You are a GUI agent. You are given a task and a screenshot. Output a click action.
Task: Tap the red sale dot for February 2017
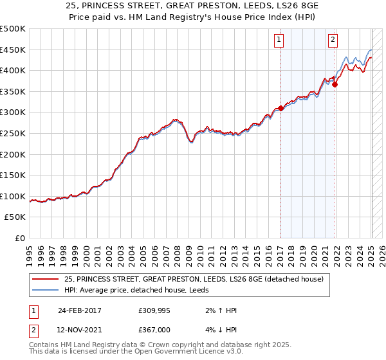280,109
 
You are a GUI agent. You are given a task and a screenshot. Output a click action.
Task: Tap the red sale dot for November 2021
335,84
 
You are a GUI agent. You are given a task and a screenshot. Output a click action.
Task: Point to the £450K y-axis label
13,50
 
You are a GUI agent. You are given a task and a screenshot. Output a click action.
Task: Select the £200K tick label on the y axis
13,154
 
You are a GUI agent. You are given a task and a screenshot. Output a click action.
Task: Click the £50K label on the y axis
15,217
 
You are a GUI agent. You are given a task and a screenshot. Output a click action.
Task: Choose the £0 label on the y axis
21,239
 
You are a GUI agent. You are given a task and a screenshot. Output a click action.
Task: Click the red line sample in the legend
46,278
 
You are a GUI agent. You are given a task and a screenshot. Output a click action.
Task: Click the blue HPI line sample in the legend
46,290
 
